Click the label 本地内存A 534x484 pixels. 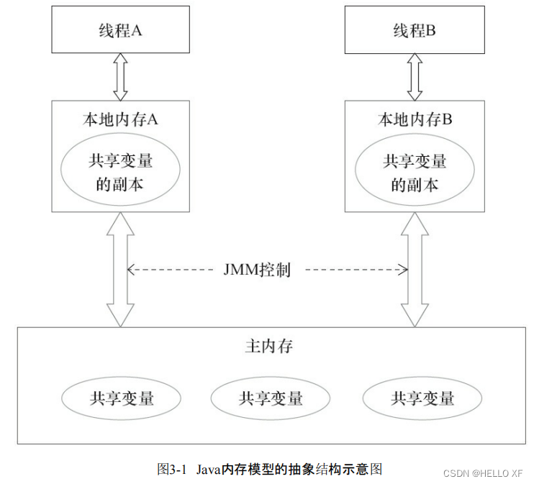120,119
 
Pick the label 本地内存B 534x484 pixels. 414,119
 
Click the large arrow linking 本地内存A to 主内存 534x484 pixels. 120,270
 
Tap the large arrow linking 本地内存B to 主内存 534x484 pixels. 415,270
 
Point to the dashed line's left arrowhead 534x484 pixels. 131,270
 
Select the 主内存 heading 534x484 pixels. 268,347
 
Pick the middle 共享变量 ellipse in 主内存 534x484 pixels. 271,397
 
